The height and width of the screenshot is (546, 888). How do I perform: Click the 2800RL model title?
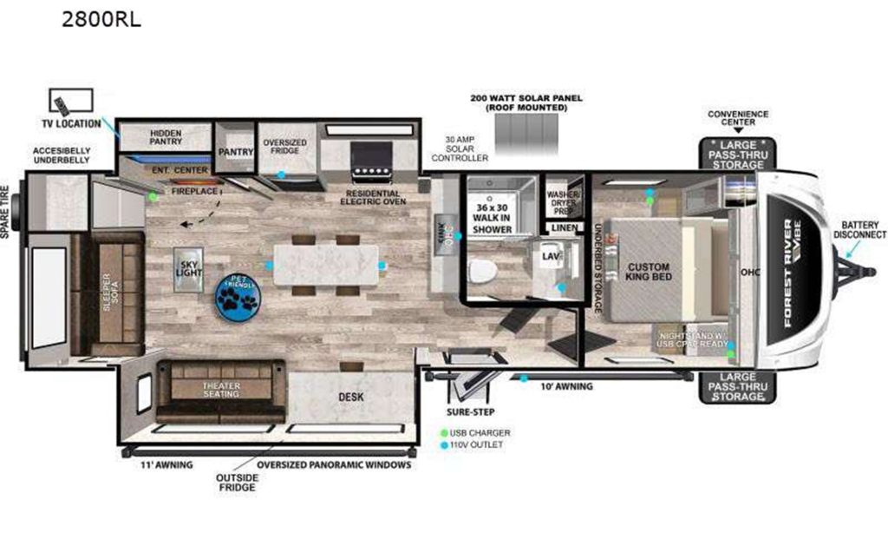click(101, 19)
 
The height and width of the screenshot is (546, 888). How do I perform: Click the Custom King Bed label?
click(650, 270)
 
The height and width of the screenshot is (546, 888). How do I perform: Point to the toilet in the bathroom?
click(482, 271)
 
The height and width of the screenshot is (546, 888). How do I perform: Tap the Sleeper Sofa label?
click(107, 295)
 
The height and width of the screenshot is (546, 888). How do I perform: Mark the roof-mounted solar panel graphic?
click(526, 135)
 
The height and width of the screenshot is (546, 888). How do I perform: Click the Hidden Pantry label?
click(165, 137)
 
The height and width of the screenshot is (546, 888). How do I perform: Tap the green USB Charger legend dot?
click(445, 432)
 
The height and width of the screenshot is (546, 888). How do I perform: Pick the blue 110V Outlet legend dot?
click(445, 445)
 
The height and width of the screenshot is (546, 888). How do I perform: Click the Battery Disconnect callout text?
click(859, 228)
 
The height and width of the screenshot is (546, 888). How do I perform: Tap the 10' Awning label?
click(567, 386)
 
